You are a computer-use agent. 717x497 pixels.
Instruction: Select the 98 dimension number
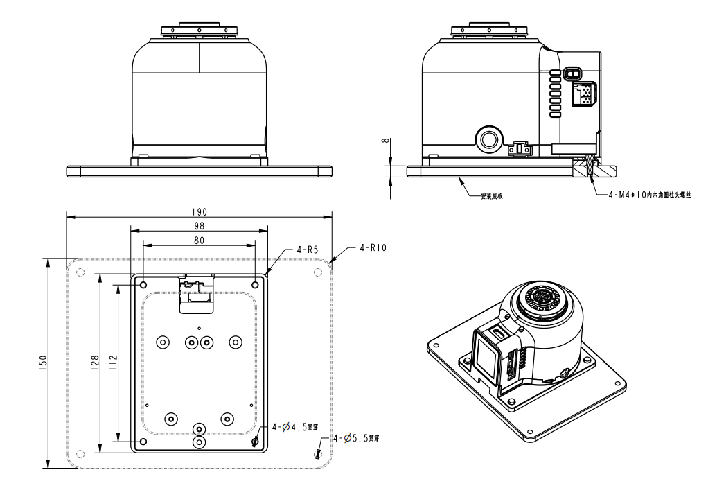point(200,226)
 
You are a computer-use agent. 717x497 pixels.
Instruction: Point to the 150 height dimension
point(42,363)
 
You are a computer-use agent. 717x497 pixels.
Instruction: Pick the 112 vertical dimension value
point(113,361)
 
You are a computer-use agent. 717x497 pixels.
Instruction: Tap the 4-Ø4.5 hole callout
point(292,428)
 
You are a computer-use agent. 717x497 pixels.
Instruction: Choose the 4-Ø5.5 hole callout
point(356,439)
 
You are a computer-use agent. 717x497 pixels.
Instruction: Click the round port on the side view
point(489,138)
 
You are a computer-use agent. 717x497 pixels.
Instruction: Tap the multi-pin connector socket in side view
point(581,92)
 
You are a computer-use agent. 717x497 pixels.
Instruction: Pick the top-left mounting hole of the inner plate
point(143,285)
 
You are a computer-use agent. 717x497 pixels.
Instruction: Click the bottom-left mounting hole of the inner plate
point(143,441)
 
